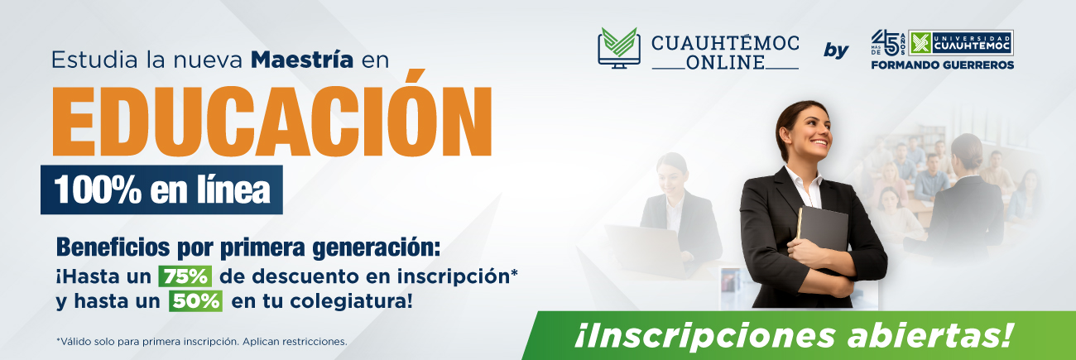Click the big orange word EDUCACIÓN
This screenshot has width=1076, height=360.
[x=271, y=115]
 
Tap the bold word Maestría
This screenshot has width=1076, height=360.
[x=302, y=60]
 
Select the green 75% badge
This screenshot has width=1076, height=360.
[x=185, y=276]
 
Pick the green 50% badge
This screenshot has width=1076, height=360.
[x=195, y=301]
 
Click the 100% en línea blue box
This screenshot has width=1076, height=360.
[x=161, y=190]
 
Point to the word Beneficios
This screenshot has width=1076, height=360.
[x=113, y=247]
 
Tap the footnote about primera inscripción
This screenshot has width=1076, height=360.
[x=202, y=342]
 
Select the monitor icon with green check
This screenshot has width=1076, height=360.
[x=619, y=47]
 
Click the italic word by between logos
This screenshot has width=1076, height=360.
[x=836, y=50]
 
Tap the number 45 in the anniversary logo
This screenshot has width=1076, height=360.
[x=885, y=42]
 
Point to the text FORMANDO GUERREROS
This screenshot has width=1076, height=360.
[x=943, y=65]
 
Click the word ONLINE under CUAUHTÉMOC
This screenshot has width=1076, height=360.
[x=725, y=63]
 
